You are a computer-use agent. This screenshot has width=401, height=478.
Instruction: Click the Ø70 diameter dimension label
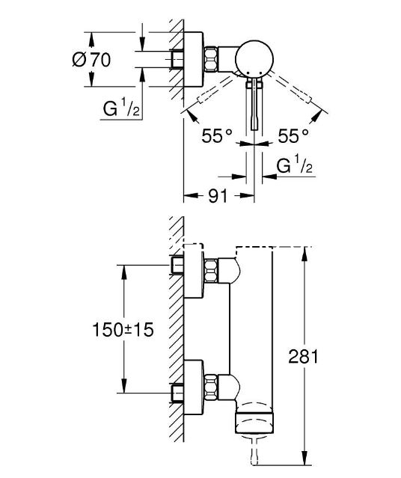[x=91, y=59]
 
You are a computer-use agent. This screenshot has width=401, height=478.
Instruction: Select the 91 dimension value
[x=218, y=195]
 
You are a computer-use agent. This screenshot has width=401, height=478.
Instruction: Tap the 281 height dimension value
[x=303, y=356]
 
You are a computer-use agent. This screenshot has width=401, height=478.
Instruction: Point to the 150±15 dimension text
[x=123, y=330]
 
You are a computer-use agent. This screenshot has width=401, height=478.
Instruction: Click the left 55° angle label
[x=217, y=136]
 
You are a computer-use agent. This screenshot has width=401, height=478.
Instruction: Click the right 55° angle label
[x=293, y=136]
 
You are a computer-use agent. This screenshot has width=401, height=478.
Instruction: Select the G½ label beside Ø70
[x=121, y=108]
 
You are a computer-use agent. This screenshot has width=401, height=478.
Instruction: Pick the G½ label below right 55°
[x=294, y=166]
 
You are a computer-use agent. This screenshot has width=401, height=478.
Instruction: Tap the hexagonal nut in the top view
[x=210, y=59]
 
